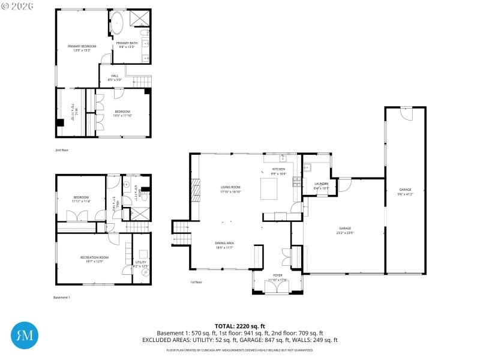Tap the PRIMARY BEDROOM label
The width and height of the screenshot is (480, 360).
point(82,46)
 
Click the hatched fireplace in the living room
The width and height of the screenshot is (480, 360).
point(195,191)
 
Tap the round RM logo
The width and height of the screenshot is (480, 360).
point(25,334)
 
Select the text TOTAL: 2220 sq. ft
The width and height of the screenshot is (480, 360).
point(239,326)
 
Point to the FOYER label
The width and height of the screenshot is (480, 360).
point(277,276)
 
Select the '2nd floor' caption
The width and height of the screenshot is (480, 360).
point(62,150)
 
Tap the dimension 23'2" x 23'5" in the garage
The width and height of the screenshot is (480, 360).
point(345,232)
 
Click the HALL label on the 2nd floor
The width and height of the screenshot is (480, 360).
point(114,76)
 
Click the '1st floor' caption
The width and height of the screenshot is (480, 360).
point(196,282)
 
